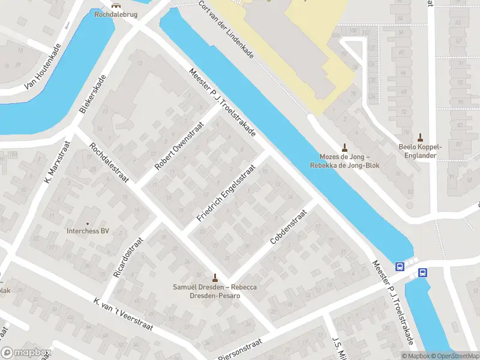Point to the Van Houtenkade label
pos(43,67)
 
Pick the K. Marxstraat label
pos(55,163)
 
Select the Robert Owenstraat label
pos(179,146)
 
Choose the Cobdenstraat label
pos(289,226)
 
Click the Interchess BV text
pos(88,231)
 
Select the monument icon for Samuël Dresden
pos(215,277)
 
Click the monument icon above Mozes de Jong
pos(344,147)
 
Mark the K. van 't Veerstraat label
pos(123,316)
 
